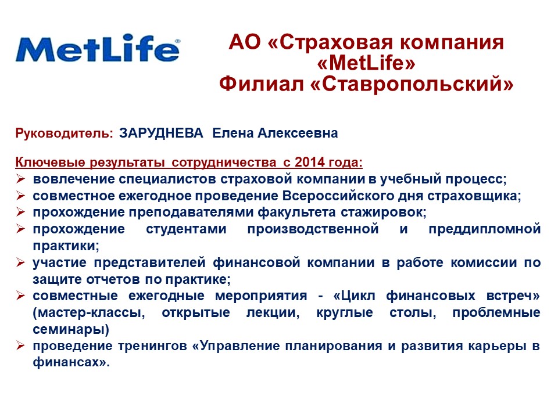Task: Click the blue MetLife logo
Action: point(98,48)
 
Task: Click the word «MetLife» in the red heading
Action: point(366,63)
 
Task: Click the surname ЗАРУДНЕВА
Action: point(161,133)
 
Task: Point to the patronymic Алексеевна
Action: point(298,133)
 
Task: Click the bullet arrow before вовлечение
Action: point(21,179)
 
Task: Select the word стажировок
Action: point(384,212)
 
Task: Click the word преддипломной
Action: point(485,229)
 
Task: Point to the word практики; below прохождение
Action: point(66,246)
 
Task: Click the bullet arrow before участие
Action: point(21,262)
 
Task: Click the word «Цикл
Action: point(355,296)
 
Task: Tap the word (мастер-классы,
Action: point(89,313)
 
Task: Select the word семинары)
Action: point(71,330)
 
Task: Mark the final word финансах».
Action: point(71,362)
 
